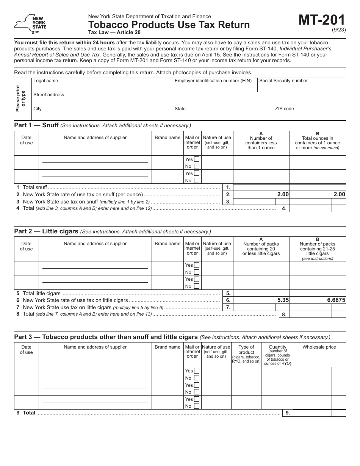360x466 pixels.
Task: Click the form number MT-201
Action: (322, 20)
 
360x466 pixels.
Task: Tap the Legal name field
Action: (102, 87)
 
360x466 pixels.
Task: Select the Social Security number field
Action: (302, 87)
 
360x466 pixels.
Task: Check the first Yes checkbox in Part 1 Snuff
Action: (197, 159)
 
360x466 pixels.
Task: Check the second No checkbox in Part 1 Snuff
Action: (197, 180)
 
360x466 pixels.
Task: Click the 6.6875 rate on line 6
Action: (336, 300)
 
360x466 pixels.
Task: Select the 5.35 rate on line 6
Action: (283, 300)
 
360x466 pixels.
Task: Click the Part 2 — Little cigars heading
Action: (46, 231)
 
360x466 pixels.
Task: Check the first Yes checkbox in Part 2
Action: (197, 265)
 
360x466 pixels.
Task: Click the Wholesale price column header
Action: (319, 347)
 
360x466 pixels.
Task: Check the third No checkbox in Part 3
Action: (197, 406)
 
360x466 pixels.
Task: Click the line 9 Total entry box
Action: (312, 413)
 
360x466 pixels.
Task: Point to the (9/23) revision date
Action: (339, 30)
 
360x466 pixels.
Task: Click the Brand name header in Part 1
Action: (167, 138)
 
